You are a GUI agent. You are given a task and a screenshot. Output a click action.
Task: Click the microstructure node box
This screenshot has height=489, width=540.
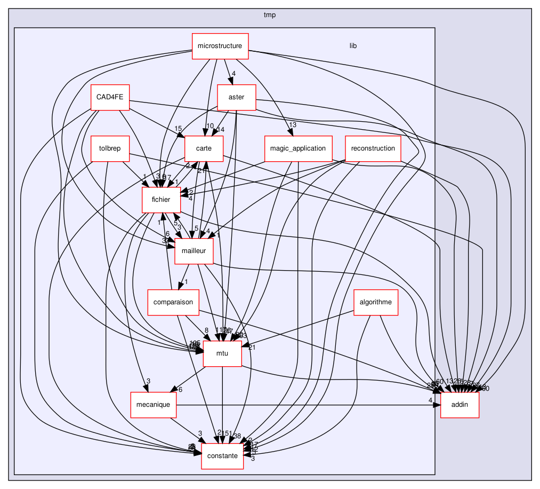[x=220, y=46]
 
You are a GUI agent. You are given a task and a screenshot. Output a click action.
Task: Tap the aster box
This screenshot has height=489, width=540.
[x=236, y=98]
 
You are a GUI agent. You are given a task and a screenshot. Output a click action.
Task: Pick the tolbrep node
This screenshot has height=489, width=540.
[x=110, y=149]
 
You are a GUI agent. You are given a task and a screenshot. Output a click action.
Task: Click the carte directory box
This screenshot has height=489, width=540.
[x=204, y=149]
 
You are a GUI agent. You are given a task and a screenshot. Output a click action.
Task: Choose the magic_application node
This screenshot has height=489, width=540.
[x=298, y=149]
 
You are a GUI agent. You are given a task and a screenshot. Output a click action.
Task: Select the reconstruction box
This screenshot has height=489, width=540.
[x=373, y=149]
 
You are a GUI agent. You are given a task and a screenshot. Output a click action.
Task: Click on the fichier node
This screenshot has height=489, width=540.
[x=160, y=200]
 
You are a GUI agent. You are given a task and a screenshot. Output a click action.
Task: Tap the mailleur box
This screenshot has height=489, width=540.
[x=194, y=251]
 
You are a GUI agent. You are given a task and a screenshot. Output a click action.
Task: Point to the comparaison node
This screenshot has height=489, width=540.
[x=173, y=303]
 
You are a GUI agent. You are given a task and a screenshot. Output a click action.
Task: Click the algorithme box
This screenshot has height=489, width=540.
[x=376, y=303]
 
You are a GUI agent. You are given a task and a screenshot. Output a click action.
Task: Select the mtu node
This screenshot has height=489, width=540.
[x=222, y=354]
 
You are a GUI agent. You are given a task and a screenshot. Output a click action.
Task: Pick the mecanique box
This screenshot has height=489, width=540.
[x=153, y=405]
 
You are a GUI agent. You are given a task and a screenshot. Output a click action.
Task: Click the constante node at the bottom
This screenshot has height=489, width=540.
[x=222, y=456]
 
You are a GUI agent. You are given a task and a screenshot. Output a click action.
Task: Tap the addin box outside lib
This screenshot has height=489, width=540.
[x=460, y=405]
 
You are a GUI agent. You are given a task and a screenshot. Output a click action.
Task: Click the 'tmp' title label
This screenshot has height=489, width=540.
[x=270, y=14]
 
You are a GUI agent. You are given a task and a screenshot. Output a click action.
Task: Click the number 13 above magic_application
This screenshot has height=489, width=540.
[x=292, y=125]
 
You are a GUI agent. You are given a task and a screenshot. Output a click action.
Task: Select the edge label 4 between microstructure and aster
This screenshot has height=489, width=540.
[x=233, y=74]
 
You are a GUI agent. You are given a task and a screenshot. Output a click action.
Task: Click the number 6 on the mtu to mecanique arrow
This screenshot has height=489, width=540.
[x=181, y=390]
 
